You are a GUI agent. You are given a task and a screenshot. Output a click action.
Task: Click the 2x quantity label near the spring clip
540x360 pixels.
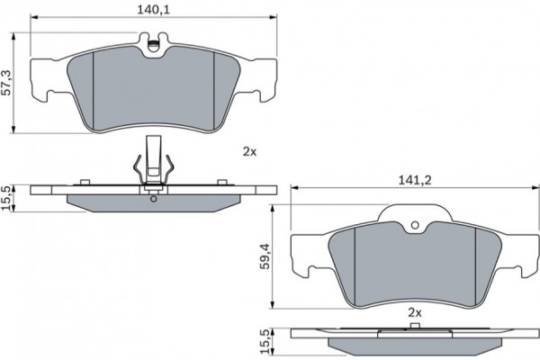(249, 152)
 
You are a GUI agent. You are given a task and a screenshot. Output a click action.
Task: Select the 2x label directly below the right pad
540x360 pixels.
(415, 311)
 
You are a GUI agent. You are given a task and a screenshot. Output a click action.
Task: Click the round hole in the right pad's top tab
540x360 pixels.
(415, 227)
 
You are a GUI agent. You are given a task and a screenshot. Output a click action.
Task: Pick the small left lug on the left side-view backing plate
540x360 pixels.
(82, 184)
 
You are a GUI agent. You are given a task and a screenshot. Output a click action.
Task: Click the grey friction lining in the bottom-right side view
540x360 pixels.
(415, 347)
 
